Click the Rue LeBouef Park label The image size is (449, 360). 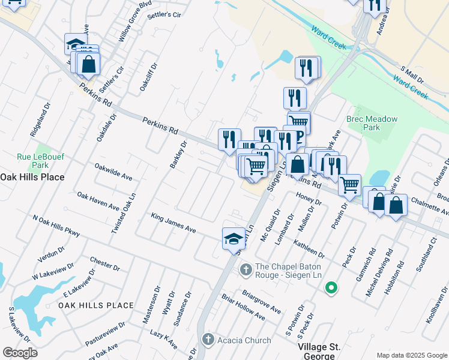tap(41, 161)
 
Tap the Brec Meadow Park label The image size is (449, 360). tap(372, 123)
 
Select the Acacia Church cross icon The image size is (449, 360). tap(208, 340)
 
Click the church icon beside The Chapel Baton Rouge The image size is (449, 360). tap(246, 271)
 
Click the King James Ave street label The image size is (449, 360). tap(173, 223)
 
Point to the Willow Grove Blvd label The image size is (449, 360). tap(135, 21)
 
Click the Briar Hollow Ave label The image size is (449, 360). tap(243, 307)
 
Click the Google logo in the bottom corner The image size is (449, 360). tap(20, 352)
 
